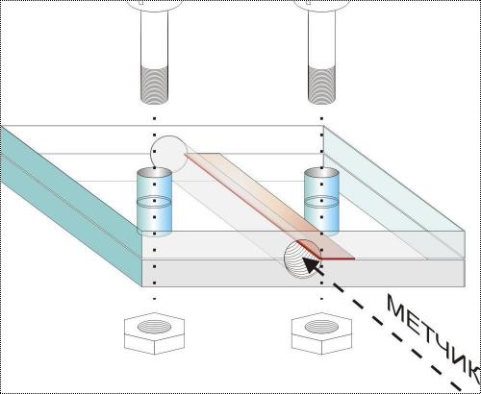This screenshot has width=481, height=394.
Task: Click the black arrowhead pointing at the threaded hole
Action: pyautogui.click(x=313, y=266)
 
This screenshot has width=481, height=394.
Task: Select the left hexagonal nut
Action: pyautogui.click(x=154, y=333)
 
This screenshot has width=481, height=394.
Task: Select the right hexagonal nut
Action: pyautogui.click(x=321, y=333)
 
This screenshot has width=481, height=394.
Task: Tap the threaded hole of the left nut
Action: pyautogui.click(x=154, y=327)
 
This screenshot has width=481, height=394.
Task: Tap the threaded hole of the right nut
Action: pyautogui.click(x=321, y=327)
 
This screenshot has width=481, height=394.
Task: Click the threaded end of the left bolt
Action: pyautogui.click(x=154, y=85)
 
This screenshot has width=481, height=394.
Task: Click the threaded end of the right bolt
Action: pyautogui.click(x=321, y=85)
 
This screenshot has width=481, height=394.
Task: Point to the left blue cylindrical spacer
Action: pyautogui.click(x=154, y=202)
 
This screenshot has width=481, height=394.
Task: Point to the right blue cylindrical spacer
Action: pyautogui.click(x=321, y=202)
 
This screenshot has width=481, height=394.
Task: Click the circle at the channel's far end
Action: pyautogui.click(x=169, y=154)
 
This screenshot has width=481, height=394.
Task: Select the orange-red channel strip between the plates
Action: pyautogui.click(x=269, y=206)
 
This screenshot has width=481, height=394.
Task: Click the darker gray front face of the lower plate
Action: pyautogui.click(x=303, y=273)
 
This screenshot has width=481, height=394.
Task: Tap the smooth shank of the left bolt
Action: pyautogui.click(x=154, y=38)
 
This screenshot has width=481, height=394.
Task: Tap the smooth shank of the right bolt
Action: pyautogui.click(x=321, y=38)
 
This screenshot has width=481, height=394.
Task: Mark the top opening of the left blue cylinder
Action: pyautogui.click(x=154, y=173)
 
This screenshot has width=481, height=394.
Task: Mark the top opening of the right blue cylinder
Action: pyautogui.click(x=321, y=173)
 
